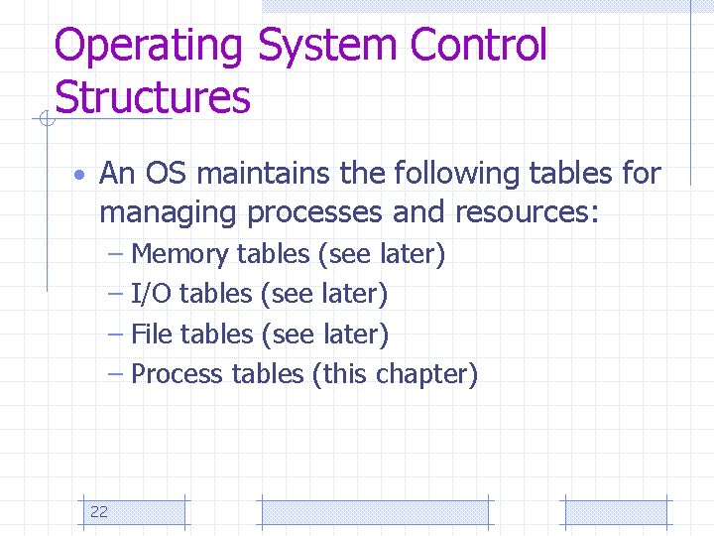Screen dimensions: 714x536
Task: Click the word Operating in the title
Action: (x=149, y=47)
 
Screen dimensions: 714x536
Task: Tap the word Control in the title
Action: (x=478, y=47)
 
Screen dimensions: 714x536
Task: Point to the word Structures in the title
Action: (x=153, y=98)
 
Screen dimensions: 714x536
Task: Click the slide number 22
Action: (x=99, y=512)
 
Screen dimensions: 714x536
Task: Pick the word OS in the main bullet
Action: (x=168, y=174)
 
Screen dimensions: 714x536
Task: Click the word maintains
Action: (x=264, y=174)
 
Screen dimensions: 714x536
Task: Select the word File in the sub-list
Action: (x=152, y=335)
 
